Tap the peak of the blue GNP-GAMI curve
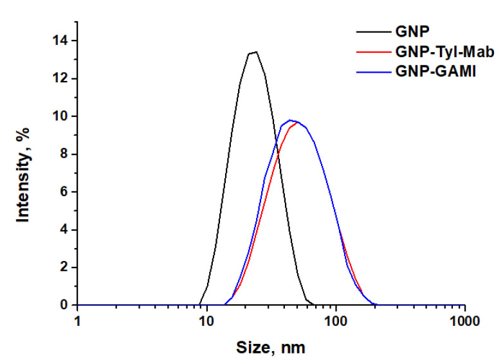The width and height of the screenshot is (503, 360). pos(291,120)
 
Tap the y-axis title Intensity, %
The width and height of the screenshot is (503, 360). pos(24,174)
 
